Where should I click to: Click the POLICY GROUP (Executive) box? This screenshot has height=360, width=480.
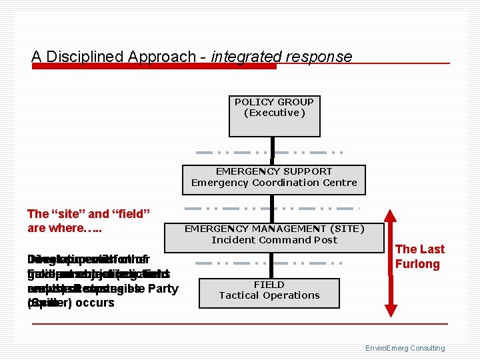click(x=273, y=116)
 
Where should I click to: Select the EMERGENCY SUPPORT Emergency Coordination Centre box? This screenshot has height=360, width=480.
click(x=274, y=180)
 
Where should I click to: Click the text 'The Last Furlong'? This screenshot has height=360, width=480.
click(x=419, y=257)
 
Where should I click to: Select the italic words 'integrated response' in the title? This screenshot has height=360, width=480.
click(x=281, y=57)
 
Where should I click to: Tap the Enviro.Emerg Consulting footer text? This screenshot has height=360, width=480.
click(x=405, y=348)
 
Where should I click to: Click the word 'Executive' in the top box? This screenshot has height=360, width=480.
click(x=274, y=113)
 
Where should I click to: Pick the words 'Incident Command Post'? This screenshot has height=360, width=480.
click(x=274, y=240)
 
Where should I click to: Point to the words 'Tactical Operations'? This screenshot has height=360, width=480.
click(x=269, y=295)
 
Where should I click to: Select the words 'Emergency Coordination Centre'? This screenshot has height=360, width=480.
click(x=274, y=183)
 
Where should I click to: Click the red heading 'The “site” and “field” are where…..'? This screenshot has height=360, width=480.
click(x=89, y=221)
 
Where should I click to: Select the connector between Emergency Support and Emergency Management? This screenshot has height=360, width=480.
click(x=273, y=208)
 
